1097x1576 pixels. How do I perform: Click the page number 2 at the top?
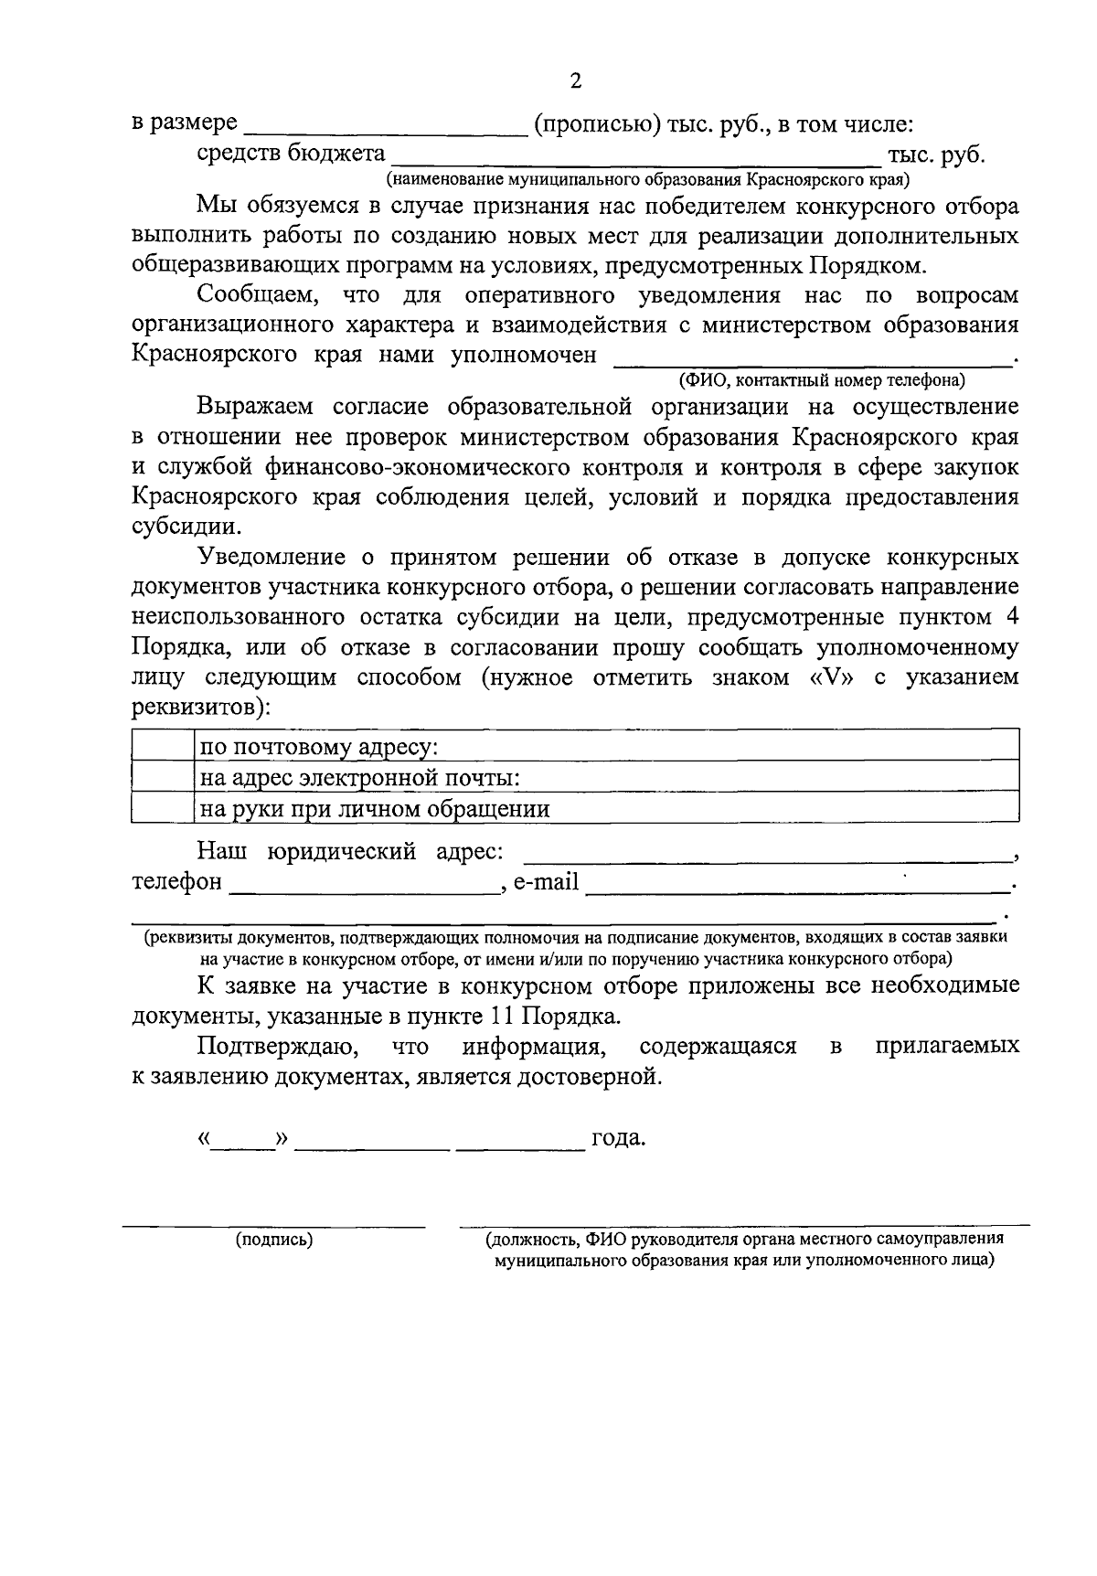click(575, 81)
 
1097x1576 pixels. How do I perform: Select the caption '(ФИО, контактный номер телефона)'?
click(822, 379)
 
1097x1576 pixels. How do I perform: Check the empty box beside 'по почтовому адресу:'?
click(163, 746)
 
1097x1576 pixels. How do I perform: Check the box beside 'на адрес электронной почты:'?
click(163, 776)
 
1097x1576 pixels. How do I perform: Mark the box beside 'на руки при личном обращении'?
click(163, 807)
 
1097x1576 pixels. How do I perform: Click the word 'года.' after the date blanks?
click(619, 1139)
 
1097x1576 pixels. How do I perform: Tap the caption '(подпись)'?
click(274, 1240)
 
